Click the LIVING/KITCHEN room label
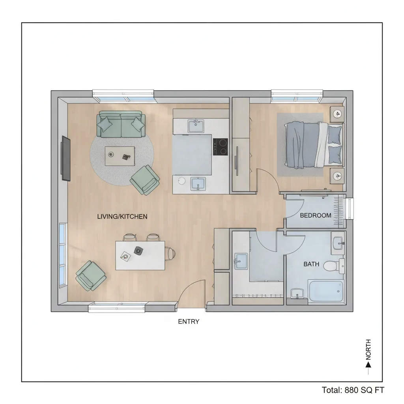[122, 216]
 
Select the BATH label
[311, 264]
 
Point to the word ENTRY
[189, 322]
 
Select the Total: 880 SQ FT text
[353, 390]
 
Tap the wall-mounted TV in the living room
[65, 158]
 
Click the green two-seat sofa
[121, 124]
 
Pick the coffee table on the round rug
[120, 156]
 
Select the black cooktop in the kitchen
[221, 147]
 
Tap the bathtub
[326, 291]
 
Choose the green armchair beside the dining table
[91, 275]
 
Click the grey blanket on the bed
[301, 145]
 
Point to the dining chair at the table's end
[170, 253]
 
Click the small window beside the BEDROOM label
[350, 208]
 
